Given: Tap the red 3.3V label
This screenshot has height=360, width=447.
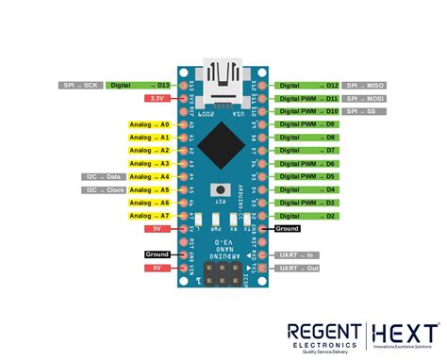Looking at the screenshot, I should point(155,98).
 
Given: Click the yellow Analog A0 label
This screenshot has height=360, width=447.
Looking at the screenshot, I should point(150,124).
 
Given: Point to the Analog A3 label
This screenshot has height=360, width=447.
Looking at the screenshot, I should point(150,163).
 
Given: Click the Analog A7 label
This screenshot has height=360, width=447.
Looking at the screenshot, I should point(150,216).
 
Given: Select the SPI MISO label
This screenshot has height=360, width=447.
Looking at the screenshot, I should point(363,85).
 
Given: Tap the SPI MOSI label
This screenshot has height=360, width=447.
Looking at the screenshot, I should point(363,98).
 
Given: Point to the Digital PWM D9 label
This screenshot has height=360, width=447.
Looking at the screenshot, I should point(307,124).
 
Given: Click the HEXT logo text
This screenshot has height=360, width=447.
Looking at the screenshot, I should point(405,334).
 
